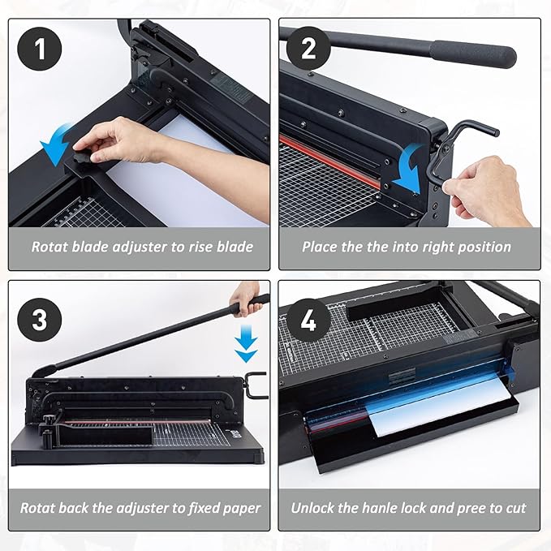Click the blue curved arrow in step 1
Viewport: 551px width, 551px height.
point(58,148)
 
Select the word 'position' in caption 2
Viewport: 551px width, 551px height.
point(483,247)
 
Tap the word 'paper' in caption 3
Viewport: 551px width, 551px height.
point(241,509)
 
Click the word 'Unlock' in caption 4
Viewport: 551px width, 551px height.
point(313,509)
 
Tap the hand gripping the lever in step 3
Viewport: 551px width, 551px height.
point(245,295)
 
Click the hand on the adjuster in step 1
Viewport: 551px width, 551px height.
point(122,140)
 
